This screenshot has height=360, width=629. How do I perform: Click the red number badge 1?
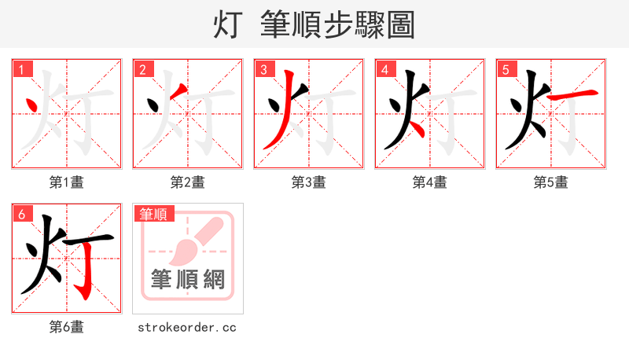21,69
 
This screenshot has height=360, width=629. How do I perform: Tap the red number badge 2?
142,69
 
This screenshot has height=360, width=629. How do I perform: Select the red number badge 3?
263,69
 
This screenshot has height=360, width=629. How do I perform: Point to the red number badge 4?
384,69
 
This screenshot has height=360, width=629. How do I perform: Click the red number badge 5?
506,69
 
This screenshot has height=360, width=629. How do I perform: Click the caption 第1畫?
67,182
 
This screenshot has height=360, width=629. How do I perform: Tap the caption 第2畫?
188,182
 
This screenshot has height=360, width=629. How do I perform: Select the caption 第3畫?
309,182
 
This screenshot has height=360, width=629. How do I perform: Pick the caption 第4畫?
430,182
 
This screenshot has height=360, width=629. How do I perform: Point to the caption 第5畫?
551,182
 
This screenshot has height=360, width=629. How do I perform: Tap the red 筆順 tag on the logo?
154,213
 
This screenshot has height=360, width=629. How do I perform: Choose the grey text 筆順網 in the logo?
189,278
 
